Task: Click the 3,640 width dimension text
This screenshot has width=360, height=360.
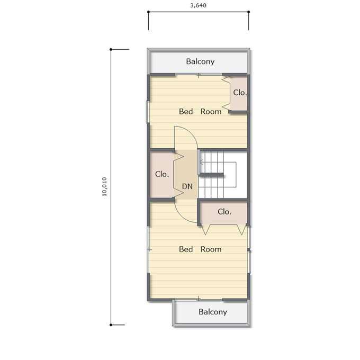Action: (x=198, y=5)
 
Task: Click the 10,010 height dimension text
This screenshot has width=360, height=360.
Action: (x=104, y=186)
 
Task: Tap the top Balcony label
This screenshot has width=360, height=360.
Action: (x=200, y=61)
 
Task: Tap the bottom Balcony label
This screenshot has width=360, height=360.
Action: (x=213, y=312)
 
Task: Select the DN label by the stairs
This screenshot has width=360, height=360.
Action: (x=187, y=186)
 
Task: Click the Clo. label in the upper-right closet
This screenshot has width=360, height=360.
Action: (x=240, y=93)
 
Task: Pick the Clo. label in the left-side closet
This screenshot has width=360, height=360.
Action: (x=162, y=174)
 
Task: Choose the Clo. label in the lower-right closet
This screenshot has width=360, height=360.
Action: (x=224, y=211)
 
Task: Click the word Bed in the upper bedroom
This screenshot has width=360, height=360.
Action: (x=186, y=112)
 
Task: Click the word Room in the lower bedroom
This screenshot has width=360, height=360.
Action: (x=211, y=249)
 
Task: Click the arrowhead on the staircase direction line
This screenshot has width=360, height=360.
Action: (x=201, y=163)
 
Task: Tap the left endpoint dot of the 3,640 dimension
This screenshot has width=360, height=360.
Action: (x=148, y=12)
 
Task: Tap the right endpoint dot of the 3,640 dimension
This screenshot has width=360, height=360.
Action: (x=249, y=12)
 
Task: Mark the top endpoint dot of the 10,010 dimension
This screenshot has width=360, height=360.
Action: (x=111, y=49)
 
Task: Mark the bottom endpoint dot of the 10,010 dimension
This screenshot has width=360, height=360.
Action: (x=111, y=325)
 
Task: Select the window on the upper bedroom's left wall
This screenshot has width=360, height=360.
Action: (x=148, y=112)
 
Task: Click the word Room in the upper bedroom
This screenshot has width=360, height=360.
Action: (x=211, y=112)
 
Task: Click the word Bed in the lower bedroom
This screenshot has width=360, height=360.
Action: (x=186, y=249)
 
